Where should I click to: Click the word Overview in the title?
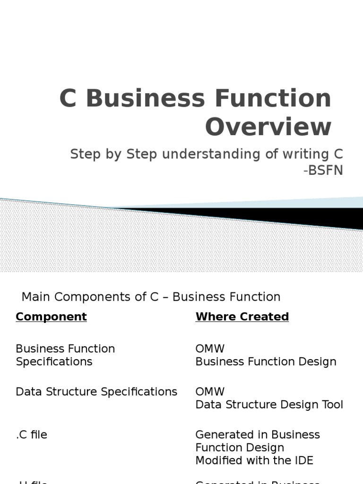pos(268,127)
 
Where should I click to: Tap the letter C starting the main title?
pos(68,98)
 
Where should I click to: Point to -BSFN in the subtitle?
pos(324,170)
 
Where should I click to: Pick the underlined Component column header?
pos(51,317)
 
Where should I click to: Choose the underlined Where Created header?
pos(242,317)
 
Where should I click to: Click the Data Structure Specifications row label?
pos(96,392)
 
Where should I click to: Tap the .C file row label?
pos(32,435)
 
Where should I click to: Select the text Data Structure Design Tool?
pos(269,405)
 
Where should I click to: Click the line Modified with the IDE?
pos(254,460)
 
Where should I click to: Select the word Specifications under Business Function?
pos(54,362)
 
